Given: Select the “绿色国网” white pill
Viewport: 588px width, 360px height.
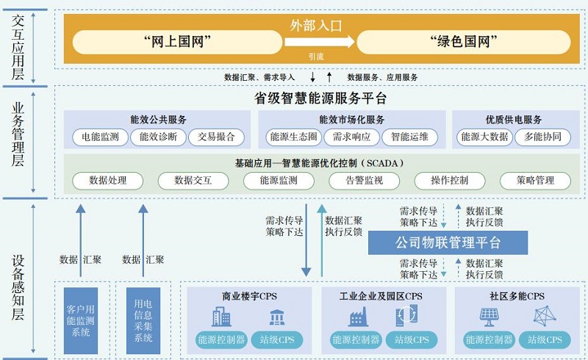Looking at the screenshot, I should pyautogui.click(x=464, y=42).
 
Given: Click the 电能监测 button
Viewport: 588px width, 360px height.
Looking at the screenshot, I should pyautogui.click(x=100, y=137).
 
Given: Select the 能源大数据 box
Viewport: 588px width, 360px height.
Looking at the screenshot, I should pyautogui.click(x=482, y=137).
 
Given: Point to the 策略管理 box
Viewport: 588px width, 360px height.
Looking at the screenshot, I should pyautogui.click(x=535, y=180).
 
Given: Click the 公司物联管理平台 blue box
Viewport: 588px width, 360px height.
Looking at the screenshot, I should pyautogui.click(x=448, y=242).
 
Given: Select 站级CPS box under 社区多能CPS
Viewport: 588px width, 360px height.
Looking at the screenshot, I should pyautogui.click(x=545, y=340).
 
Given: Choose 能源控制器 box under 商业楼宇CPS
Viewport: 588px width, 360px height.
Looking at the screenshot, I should pyautogui.click(x=219, y=340).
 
